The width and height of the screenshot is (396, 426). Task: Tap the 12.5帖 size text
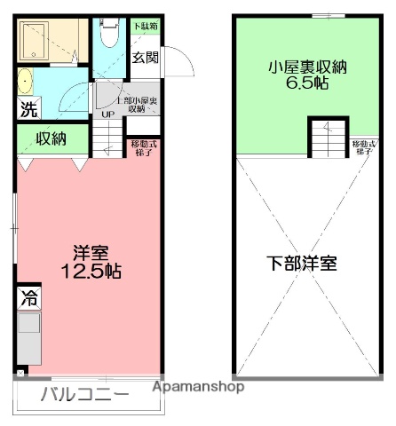tap(86, 271)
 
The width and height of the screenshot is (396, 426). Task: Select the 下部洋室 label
tap(302, 264)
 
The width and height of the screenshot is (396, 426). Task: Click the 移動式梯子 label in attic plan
tap(362, 146)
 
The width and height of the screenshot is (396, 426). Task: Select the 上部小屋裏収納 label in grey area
tap(139, 104)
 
